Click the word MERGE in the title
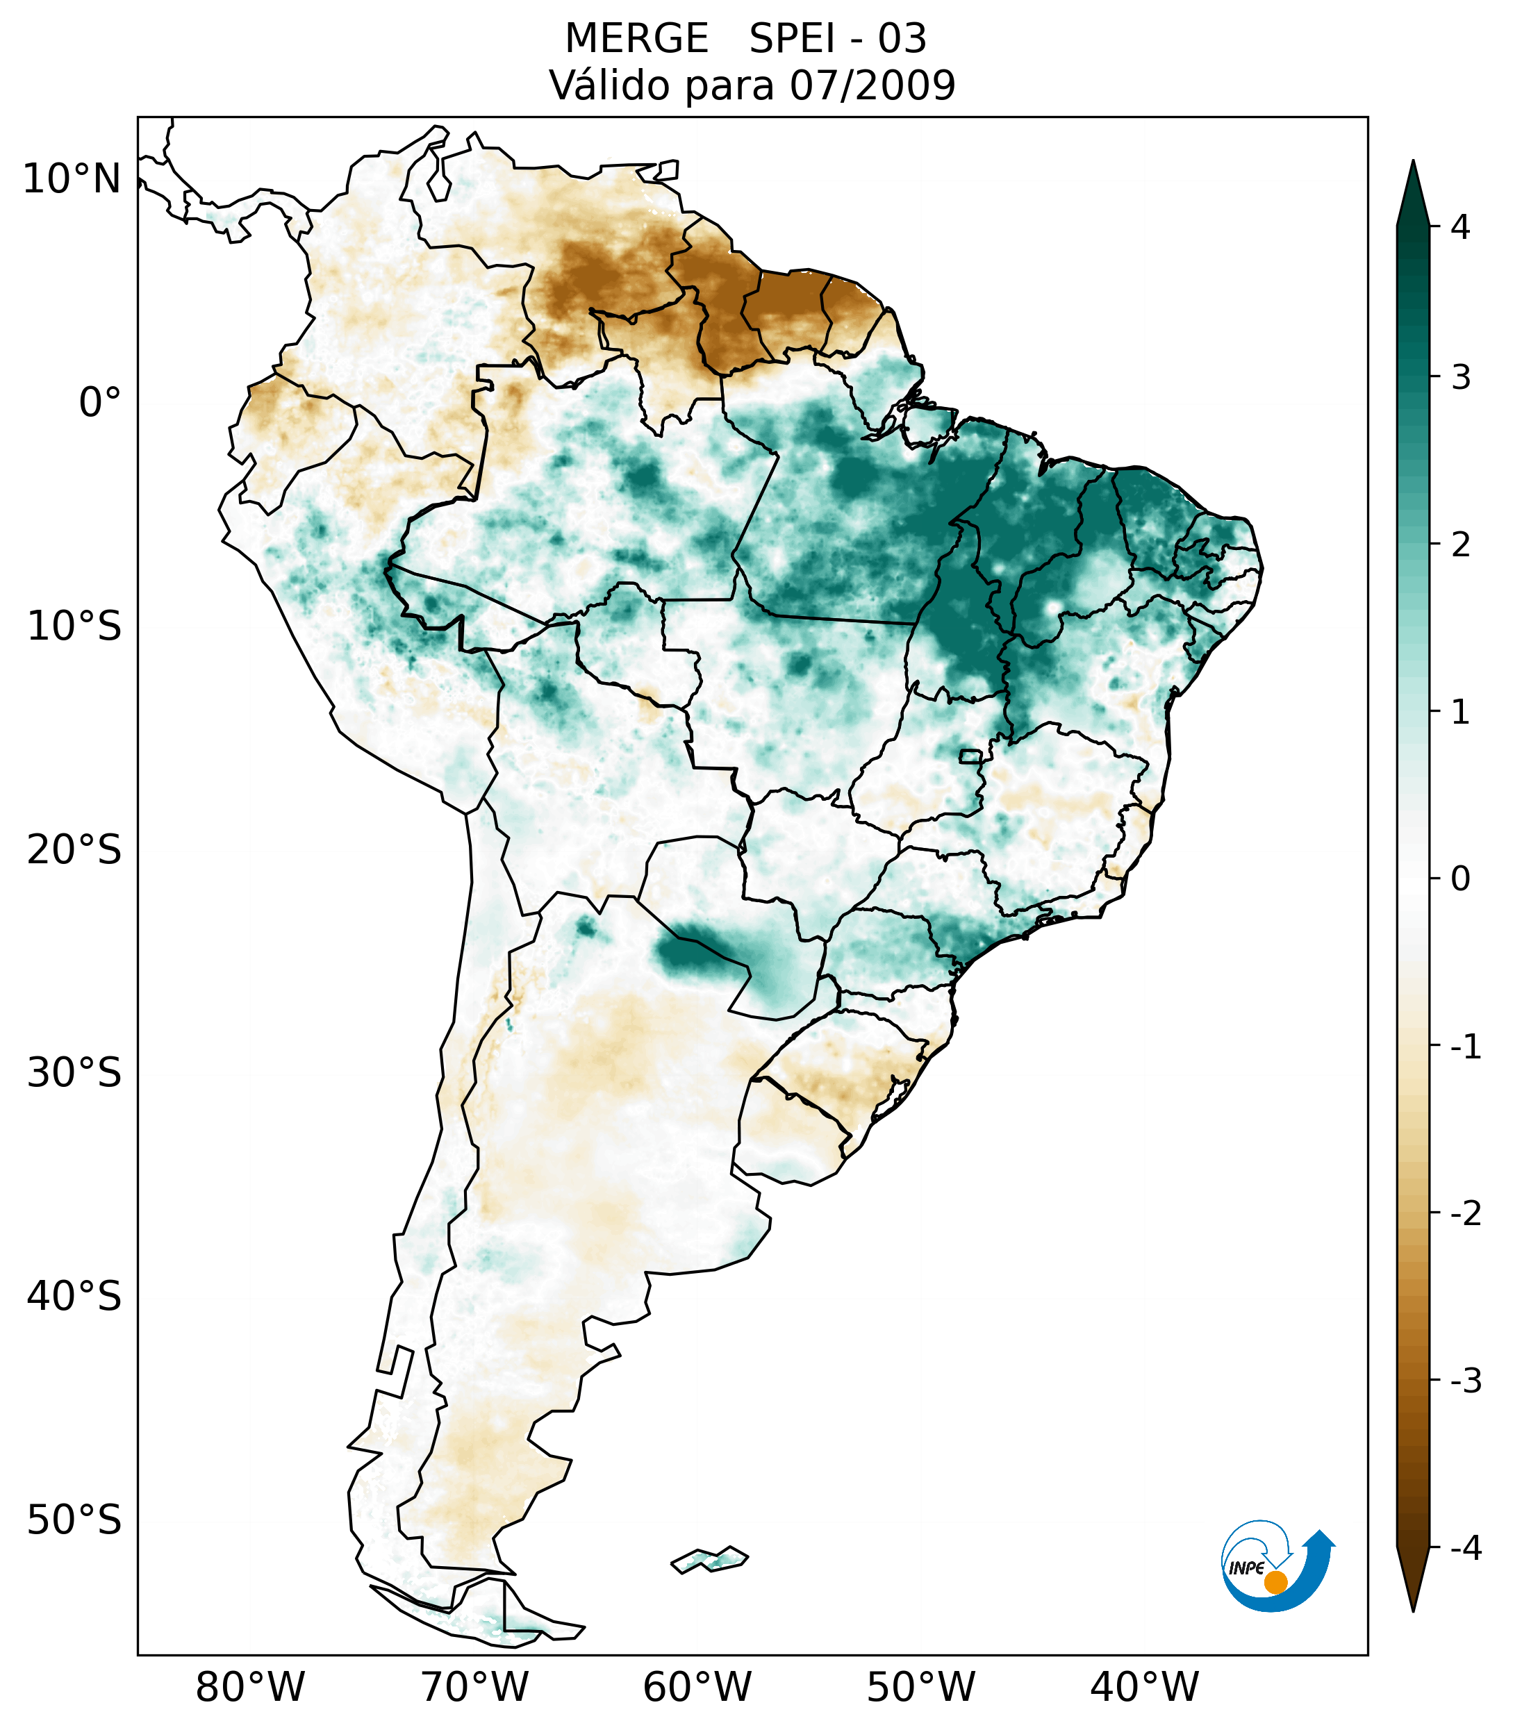pyautogui.click(x=636, y=39)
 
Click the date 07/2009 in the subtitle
pyautogui.click(x=872, y=85)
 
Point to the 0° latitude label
pyautogui.click(x=100, y=403)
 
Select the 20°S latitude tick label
pyautogui.click(x=74, y=851)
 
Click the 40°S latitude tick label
pyautogui.click(x=74, y=1297)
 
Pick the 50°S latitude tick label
pyautogui.click(x=74, y=1521)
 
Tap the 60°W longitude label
pyautogui.click(x=697, y=1687)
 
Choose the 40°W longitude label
pyautogui.click(x=1145, y=1687)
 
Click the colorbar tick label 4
pyautogui.click(x=1460, y=227)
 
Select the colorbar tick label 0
pyautogui.click(x=1460, y=879)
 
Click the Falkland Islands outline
pyautogui.click(x=709, y=1559)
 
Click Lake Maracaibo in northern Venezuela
pyautogui.click(x=438, y=179)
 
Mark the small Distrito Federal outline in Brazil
pyautogui.click(x=971, y=756)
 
